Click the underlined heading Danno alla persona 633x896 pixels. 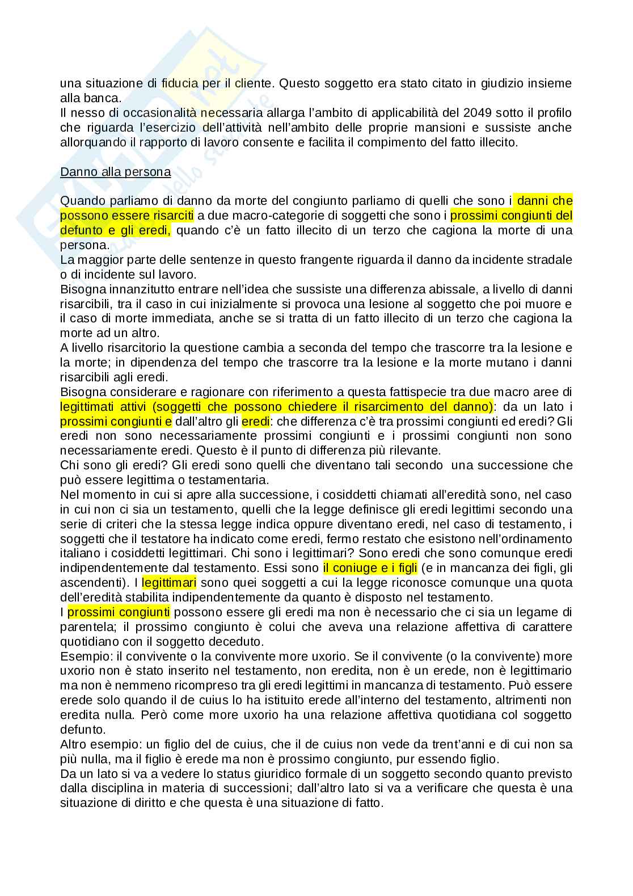(115, 171)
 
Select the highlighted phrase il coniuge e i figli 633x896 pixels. (370, 567)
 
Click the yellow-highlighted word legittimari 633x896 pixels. (169, 582)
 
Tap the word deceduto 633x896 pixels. (239, 641)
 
